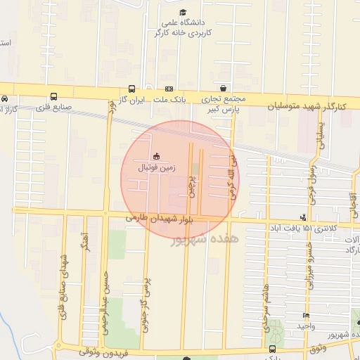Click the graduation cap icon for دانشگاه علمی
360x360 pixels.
pos(183,13)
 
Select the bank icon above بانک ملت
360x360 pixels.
pos(169,89)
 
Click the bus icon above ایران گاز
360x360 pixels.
pos(132,89)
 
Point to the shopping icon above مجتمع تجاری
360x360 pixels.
pos(223,89)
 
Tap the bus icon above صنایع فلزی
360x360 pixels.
pos(54,98)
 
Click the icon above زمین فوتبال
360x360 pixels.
pos(155,156)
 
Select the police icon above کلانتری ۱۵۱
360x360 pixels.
pos(303,217)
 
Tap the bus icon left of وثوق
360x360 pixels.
pos(273,349)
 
